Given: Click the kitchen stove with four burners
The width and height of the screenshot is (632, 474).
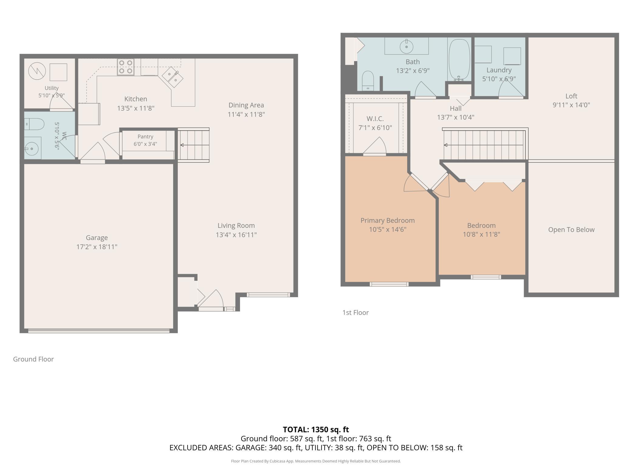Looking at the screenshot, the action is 126,67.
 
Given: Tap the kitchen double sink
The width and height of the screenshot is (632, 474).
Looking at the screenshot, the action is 172,77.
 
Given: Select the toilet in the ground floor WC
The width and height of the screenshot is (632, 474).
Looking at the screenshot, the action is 34,124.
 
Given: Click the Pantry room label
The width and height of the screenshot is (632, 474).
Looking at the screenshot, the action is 145,136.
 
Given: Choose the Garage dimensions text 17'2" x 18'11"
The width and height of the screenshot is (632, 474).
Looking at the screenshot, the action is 97,247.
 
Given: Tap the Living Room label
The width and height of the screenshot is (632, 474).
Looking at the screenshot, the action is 236,225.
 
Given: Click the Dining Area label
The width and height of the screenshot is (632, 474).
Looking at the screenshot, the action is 246,105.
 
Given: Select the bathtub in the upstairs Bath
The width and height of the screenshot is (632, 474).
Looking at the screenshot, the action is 459,60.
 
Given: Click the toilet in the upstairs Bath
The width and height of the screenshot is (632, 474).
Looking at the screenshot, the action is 368,81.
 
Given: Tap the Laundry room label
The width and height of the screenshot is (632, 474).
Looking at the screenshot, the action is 499,70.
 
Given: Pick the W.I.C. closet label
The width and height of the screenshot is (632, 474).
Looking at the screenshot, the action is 375,118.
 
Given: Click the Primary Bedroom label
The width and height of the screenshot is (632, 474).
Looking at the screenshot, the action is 387,221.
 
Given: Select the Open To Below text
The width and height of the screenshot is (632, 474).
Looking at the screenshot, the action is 571,230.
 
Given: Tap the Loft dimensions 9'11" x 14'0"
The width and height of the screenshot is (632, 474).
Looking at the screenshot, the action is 571,105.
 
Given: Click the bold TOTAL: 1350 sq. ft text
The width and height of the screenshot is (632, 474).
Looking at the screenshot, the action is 316,429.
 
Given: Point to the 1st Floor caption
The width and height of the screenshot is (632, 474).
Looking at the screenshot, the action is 355,312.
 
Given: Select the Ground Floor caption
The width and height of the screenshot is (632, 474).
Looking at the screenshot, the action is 33,359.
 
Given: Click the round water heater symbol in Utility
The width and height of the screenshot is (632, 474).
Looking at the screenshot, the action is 37,71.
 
